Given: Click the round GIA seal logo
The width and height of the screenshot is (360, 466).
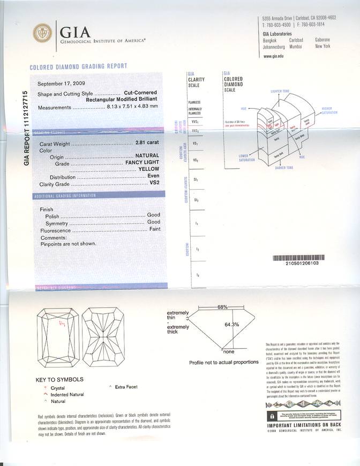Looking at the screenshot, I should coord(43,33).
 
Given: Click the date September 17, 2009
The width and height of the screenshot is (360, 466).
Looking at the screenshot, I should coord(60,84).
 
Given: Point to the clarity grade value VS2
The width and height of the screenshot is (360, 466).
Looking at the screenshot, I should coord(154,183).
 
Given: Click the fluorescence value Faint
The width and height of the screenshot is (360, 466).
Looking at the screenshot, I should coord(154,230).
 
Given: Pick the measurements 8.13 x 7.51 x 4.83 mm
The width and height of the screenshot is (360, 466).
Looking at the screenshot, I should coord(133,107).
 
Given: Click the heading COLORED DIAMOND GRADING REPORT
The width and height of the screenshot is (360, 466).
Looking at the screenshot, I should coord(78,66).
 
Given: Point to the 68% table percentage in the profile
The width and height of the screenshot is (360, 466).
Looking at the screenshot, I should coord(222,307).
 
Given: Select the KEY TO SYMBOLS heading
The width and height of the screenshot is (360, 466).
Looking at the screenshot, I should coord(59,380).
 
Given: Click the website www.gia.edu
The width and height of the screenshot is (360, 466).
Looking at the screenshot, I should coord(274,56).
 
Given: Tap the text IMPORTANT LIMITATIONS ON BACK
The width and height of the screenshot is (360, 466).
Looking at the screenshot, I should coord(303,425).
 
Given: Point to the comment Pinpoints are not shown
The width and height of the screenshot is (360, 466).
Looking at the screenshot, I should coord(68,244).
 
